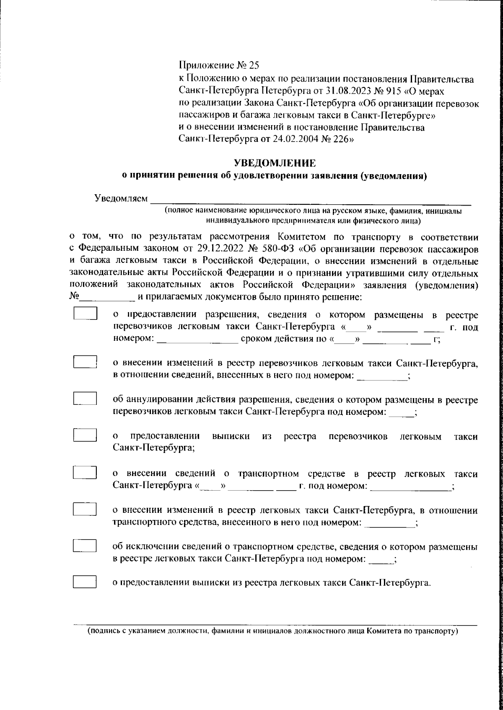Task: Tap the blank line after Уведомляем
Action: [310, 201]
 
